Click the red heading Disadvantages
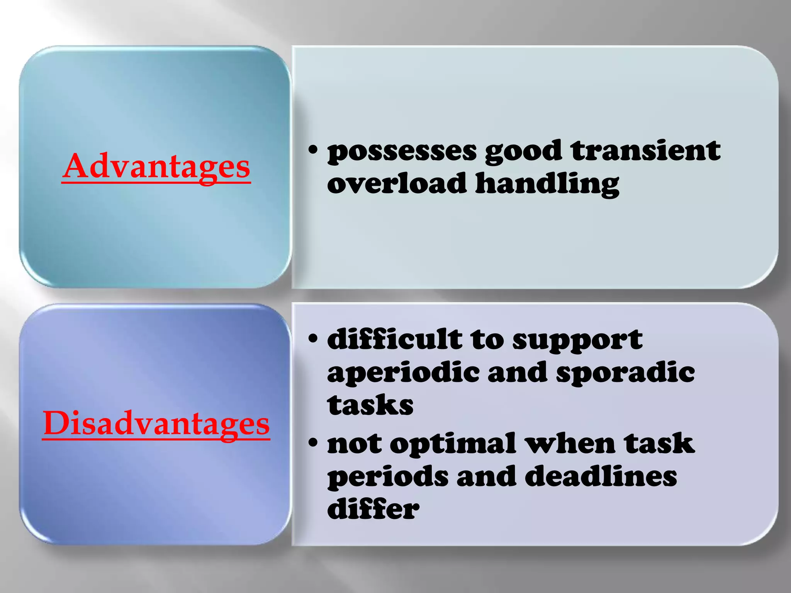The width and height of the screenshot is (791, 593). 156,424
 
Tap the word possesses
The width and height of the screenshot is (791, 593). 402,151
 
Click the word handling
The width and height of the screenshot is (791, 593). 547,185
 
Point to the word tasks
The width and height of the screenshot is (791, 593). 370,405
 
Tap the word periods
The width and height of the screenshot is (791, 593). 388,477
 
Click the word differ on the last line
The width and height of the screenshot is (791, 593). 373,508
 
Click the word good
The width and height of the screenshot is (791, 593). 523,151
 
